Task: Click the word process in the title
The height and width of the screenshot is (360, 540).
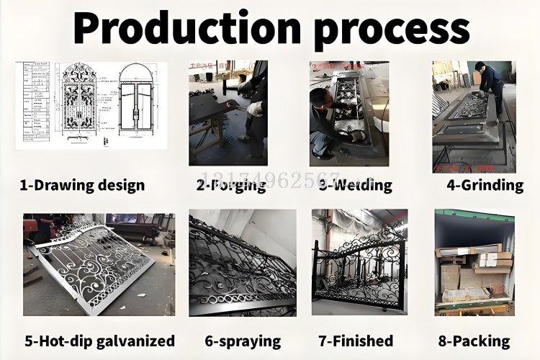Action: [x=392, y=29]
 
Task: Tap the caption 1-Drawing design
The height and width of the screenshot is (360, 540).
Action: [x=82, y=185]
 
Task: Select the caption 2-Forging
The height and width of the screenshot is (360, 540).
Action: [x=231, y=185]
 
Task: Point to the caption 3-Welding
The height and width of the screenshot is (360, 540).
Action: [x=356, y=185]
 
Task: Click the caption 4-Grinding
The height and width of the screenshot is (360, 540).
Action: [x=485, y=185]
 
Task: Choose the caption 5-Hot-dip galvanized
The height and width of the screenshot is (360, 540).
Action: [x=99, y=341]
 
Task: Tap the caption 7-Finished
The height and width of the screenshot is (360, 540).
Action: [x=356, y=341]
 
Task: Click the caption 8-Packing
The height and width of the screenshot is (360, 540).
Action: [x=474, y=341]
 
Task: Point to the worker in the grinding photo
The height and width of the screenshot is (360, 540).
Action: [x=492, y=83]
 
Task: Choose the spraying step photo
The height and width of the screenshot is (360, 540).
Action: [x=243, y=263]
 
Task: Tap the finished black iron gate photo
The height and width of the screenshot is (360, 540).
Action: [x=359, y=263]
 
